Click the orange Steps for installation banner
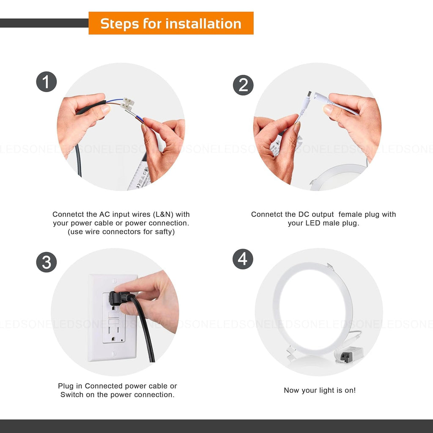click(x=171, y=23)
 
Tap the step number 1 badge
click(x=47, y=82)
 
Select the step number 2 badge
click(x=243, y=85)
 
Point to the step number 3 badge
click(x=47, y=262)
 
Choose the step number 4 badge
click(x=243, y=259)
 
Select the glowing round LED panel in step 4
click(x=312, y=309)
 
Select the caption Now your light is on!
click(x=320, y=390)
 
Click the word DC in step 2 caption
click(x=299, y=214)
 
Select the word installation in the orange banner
click(x=203, y=24)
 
